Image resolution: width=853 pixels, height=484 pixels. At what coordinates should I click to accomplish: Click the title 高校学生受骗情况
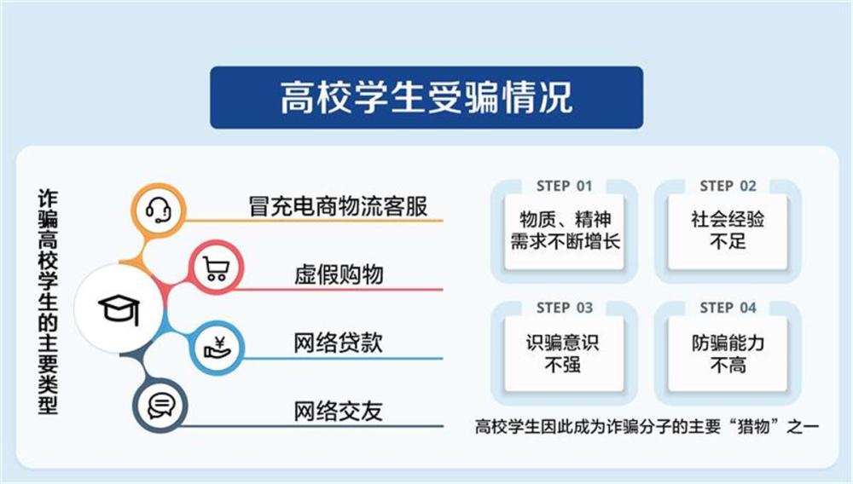tap(426, 97)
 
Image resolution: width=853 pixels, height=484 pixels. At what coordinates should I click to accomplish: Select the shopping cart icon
tap(215, 269)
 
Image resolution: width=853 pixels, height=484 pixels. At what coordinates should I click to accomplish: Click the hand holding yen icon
tap(215, 347)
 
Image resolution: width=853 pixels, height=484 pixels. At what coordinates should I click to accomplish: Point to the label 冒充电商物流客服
tap(338, 207)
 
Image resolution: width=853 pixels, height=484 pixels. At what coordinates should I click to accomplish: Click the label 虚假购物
tap(339, 274)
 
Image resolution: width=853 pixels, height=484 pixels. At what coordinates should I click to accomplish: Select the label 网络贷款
tap(339, 343)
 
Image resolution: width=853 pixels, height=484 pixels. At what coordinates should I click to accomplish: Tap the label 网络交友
tap(339, 412)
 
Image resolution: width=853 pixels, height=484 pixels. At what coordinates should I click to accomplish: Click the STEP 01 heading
tap(564, 186)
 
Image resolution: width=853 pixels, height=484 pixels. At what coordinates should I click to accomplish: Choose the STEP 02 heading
tap(728, 186)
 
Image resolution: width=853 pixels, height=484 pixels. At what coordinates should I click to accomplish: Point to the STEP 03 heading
tap(564, 308)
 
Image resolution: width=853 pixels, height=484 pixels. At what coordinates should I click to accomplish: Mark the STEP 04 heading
tap(728, 308)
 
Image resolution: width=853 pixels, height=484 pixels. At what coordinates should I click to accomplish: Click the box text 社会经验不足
tap(728, 230)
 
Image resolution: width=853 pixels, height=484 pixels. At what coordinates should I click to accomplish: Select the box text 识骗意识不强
tap(563, 353)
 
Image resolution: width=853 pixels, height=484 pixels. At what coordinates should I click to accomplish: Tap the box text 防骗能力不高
tap(728, 353)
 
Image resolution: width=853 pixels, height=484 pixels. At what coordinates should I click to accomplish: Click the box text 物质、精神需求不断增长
tap(565, 230)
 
